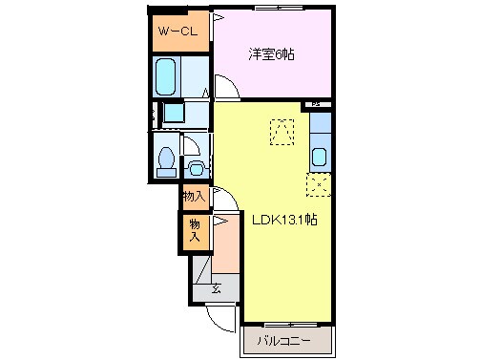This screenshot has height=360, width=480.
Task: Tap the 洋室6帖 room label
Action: [272, 54]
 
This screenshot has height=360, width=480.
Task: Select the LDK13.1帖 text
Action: [284, 219]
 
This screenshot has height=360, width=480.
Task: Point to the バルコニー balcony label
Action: [288, 339]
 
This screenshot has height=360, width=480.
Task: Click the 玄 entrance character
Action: [217, 289]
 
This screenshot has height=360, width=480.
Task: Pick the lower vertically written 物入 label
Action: [195, 231]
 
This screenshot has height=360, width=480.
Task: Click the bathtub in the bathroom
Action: [167, 74]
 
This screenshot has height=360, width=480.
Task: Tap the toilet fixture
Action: [164, 159]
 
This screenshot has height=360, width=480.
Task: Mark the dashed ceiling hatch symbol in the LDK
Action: [283, 132]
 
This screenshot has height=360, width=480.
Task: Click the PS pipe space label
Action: [315, 103]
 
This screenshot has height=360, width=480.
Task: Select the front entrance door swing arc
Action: [219, 318]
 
